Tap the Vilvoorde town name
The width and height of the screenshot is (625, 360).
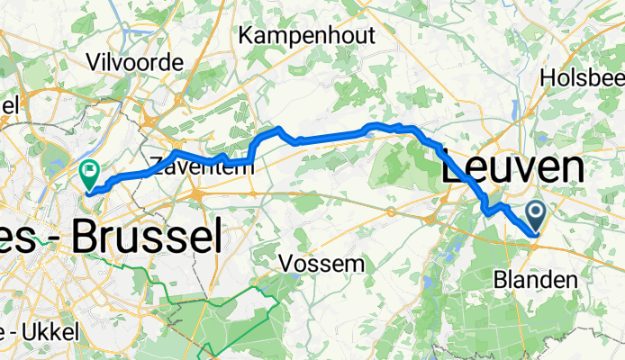134,62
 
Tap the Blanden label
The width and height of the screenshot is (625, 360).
535,281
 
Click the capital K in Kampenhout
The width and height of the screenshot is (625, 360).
247,35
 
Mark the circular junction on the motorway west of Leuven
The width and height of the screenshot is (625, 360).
392,212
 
